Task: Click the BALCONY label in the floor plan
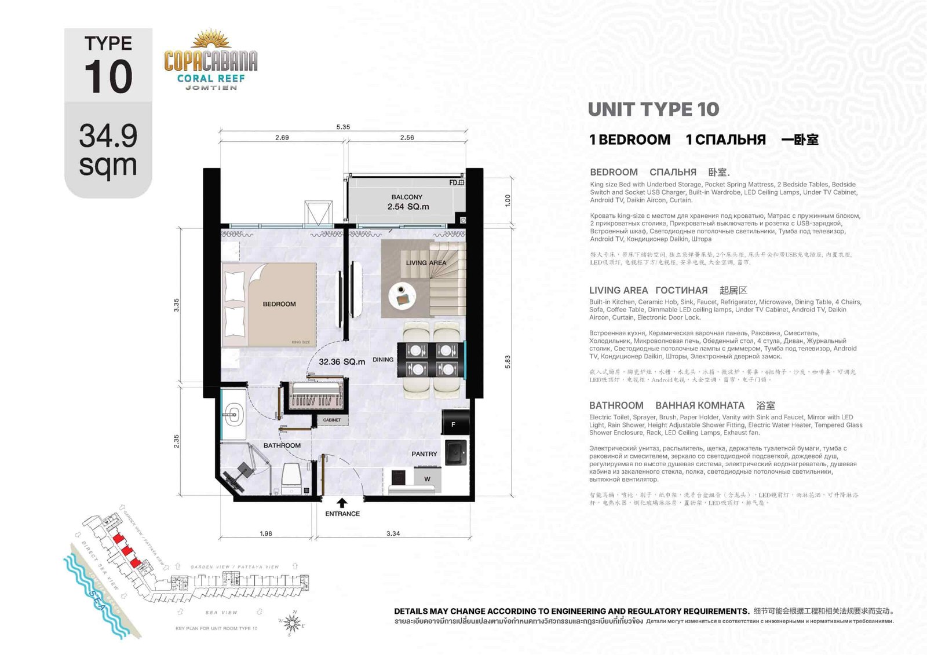tap(407, 197)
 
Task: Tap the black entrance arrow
tap(342, 503)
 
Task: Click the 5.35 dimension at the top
tap(343, 127)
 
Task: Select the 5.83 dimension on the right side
tap(508, 362)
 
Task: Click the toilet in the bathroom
tap(291, 477)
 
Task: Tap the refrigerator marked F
tap(453, 425)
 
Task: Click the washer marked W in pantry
tap(428, 479)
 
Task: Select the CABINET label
tap(332, 420)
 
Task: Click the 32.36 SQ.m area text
tap(342, 361)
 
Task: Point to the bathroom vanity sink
tap(234, 414)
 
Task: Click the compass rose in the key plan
tap(293, 623)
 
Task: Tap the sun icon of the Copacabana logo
tap(211, 40)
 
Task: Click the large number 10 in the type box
tap(108, 76)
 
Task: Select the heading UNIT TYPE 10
tap(653, 109)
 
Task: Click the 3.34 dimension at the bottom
tap(393, 533)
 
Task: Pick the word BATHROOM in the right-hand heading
tap(616, 405)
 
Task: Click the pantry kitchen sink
tap(457, 453)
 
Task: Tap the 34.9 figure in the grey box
tap(108, 136)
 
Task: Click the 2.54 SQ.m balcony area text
tap(408, 207)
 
